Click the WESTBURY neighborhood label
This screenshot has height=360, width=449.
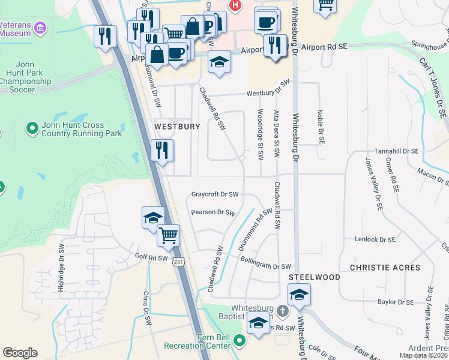[176, 127]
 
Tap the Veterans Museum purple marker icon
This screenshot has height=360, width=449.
[40, 27]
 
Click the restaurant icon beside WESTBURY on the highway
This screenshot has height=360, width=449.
[162, 150]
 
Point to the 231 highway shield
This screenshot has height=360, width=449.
[178, 262]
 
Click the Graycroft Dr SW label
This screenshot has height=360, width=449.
[215, 194]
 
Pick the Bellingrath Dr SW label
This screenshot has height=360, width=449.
[265, 266]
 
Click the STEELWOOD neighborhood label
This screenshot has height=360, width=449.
[306, 277]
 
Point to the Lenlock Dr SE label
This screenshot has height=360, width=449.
[375, 239]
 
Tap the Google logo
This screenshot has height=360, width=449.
[20, 353]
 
